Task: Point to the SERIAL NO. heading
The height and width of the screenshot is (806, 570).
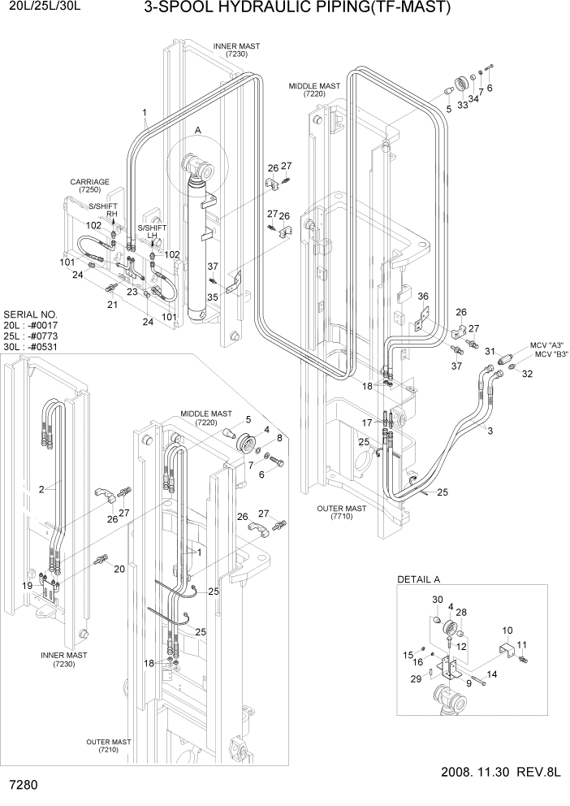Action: [x=31, y=313]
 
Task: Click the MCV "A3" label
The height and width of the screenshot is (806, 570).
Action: [x=548, y=344]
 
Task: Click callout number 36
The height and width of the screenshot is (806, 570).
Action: [x=422, y=296]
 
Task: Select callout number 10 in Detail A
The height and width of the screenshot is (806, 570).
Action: [x=507, y=630]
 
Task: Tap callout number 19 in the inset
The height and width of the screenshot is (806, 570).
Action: [x=27, y=585]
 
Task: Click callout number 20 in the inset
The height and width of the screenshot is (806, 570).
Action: [x=119, y=569]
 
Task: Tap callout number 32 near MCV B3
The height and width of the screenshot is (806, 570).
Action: [x=528, y=374]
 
